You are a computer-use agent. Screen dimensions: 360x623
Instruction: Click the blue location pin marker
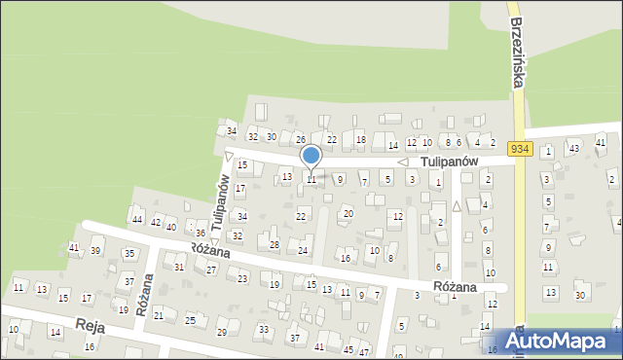coord(311,158)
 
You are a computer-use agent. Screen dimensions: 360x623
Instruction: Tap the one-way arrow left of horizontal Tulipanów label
coord(402,162)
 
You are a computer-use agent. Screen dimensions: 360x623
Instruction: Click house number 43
coord(574,148)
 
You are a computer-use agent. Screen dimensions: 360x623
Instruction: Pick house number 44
coord(137,218)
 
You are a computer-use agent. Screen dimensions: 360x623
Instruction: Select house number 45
coord(348,349)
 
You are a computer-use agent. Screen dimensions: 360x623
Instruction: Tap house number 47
coord(364,350)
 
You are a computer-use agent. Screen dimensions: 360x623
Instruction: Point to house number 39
coord(95,251)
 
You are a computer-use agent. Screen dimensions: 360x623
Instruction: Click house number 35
coord(128,254)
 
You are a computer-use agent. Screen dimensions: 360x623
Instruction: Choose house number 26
coord(301,140)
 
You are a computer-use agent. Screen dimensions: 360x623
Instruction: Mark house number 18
coord(360,140)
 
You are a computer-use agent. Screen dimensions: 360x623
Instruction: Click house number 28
coord(275,244)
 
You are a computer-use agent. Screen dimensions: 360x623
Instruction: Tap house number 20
coord(348,213)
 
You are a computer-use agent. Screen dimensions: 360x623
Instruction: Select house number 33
coord(264,330)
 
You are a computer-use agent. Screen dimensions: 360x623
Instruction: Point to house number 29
coord(221,333)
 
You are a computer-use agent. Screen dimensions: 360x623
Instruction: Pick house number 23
coord(242,278)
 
